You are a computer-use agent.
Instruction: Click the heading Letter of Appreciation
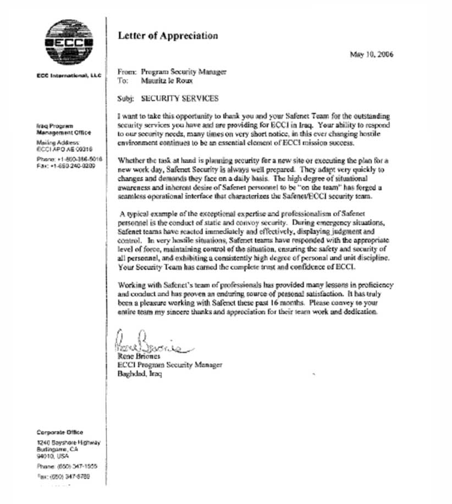point(168,36)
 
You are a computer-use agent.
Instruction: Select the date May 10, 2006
point(371,54)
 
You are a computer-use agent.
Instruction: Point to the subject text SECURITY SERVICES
point(180,99)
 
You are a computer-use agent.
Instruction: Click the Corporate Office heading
point(60,433)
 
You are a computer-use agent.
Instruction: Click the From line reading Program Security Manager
point(183,71)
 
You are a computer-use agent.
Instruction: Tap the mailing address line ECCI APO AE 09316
point(64,149)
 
